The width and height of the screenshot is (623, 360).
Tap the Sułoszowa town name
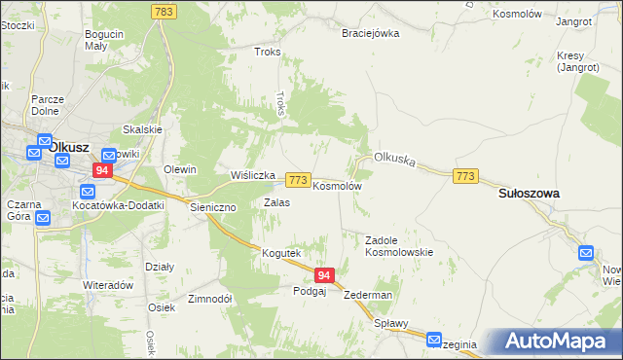point(529,194)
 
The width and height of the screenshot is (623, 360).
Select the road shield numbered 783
point(164,12)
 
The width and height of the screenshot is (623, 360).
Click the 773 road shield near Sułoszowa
point(465,175)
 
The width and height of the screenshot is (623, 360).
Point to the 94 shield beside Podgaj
point(325,276)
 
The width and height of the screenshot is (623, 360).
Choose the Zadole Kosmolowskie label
point(398,245)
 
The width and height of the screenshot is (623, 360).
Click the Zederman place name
point(368,295)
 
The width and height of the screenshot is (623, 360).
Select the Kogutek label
point(281,253)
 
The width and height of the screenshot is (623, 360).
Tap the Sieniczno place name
point(212,206)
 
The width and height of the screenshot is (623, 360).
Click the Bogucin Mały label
point(104,40)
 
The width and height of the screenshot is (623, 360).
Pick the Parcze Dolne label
point(48,104)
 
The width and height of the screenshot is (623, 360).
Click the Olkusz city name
point(69,148)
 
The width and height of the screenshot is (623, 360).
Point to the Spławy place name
point(390,323)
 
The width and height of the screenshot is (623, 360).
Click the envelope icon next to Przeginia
point(435,339)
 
